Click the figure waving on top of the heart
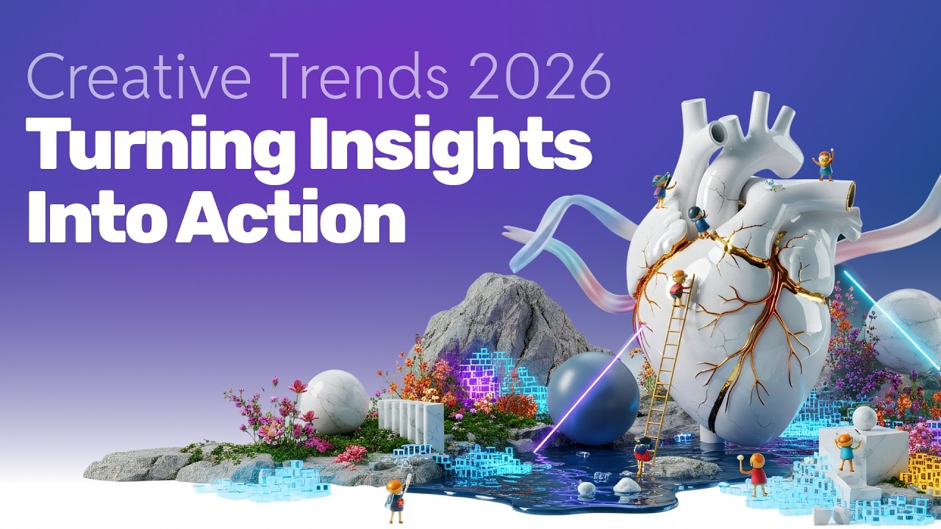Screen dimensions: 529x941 [825, 165]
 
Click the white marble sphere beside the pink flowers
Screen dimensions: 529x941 [334, 401]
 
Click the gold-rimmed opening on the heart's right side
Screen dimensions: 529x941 [851, 193]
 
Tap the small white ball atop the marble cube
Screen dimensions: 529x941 [865, 417]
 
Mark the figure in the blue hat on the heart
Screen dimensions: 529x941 [698, 219]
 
